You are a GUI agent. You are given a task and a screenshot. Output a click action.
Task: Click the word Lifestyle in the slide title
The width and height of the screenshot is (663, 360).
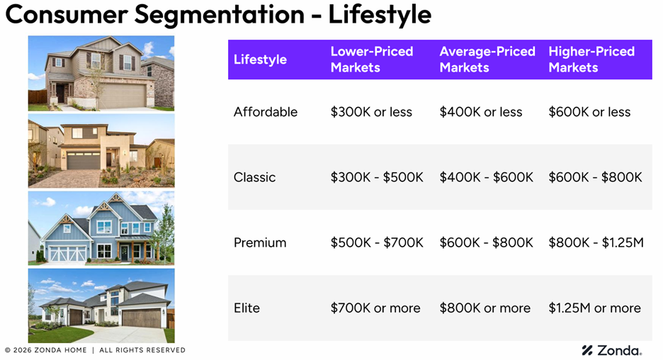pos(380,15)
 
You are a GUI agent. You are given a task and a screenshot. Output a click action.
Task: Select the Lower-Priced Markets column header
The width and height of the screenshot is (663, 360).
pos(372,60)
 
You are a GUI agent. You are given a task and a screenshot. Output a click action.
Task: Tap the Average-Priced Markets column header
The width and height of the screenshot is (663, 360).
pos(487,60)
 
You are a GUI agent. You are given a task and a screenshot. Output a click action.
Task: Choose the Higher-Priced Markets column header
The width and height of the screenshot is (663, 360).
pos(591,60)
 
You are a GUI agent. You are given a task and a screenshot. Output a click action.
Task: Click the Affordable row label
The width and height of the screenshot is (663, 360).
pos(266,112)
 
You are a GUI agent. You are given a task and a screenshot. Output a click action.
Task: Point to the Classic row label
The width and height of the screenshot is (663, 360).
pos(254,177)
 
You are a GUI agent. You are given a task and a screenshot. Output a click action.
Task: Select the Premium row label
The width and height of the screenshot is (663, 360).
pos(260,242)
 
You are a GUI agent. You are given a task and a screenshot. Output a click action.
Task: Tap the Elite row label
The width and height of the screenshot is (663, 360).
pos(247,308)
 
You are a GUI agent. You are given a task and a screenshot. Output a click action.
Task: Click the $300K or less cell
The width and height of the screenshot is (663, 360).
pos(371,112)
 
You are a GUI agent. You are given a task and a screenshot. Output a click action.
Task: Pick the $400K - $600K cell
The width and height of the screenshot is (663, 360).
pos(486,177)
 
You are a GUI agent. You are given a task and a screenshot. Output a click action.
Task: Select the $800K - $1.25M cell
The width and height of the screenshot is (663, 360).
pos(596,242)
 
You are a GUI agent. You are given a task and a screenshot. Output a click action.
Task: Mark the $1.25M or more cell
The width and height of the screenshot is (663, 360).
pos(595,308)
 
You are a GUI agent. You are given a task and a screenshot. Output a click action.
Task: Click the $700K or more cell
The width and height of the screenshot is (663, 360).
pos(375,308)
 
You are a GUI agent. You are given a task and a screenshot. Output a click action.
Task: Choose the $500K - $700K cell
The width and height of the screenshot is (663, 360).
pos(377,242)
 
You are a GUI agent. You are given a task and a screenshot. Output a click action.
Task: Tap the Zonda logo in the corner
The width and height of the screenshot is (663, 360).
pos(612,350)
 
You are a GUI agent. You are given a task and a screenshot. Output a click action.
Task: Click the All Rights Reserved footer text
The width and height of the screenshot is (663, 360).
pos(142,350)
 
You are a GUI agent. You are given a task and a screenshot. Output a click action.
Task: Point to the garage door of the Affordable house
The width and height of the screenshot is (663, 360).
pos(123,95)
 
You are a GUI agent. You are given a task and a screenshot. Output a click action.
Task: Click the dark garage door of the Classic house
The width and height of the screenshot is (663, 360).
pos(84,160)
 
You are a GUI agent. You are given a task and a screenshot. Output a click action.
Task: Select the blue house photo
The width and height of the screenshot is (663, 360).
pos(101,228)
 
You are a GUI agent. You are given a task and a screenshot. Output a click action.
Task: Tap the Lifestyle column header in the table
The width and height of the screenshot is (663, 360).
pos(260,60)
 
